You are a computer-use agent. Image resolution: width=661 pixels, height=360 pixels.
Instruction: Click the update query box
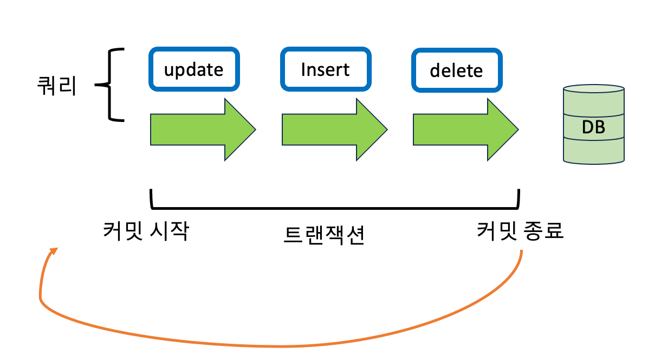[193, 69]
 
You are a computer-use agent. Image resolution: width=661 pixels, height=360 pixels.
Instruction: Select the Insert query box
[326, 69]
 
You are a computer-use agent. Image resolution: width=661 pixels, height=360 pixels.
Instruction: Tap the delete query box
[456, 70]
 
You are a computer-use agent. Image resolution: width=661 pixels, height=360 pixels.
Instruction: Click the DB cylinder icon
[593, 124]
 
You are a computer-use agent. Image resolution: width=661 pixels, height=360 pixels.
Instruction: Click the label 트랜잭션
[324, 235]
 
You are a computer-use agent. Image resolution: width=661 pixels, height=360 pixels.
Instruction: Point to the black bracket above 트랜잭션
[334, 207]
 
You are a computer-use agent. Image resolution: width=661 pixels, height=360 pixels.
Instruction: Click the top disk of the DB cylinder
[593, 101]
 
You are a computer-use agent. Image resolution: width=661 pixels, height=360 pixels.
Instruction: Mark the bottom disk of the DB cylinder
[593, 150]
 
